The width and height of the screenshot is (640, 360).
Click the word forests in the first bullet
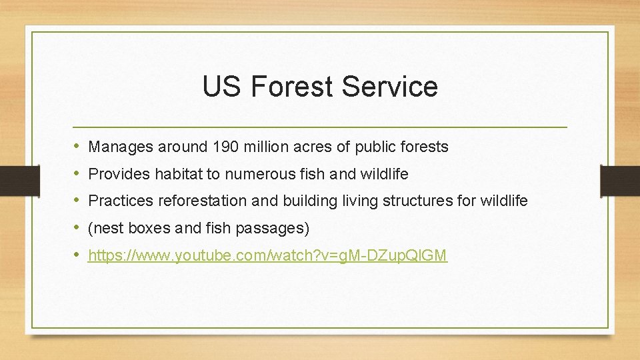coord(425,147)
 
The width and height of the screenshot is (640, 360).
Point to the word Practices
coord(119,201)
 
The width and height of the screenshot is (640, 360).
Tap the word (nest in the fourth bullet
coord(105,228)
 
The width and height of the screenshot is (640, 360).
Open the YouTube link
coord(267,255)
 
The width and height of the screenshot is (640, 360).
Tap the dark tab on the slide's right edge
coord(619,181)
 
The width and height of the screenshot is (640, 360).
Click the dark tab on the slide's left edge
coord(11,181)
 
